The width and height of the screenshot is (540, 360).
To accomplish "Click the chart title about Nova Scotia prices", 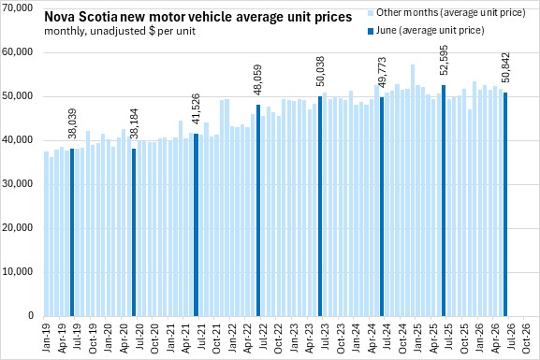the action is click(198, 17).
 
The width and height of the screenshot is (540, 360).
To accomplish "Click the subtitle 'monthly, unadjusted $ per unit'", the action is click(120, 31).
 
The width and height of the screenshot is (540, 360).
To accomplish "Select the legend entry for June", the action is click(426, 31).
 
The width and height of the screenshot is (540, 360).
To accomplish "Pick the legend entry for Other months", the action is click(446, 13).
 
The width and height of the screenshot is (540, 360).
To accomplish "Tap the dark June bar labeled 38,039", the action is click(72, 232).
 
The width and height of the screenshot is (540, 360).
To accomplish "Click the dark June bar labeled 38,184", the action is click(134, 232).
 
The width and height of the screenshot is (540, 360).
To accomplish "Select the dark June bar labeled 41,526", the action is click(196, 224).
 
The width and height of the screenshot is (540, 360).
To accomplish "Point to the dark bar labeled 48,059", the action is click(258, 210).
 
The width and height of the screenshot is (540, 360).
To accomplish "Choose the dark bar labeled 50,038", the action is click(320, 206).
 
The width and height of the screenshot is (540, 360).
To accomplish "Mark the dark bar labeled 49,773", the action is click(382, 207).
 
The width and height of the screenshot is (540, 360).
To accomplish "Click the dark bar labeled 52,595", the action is click(444, 201).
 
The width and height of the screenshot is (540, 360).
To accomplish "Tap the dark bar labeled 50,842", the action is click(505, 205).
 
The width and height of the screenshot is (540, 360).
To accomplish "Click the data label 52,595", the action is click(444, 60).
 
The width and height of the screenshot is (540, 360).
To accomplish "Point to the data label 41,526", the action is click(196, 108).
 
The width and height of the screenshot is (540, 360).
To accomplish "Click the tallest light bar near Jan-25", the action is click(413, 191).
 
